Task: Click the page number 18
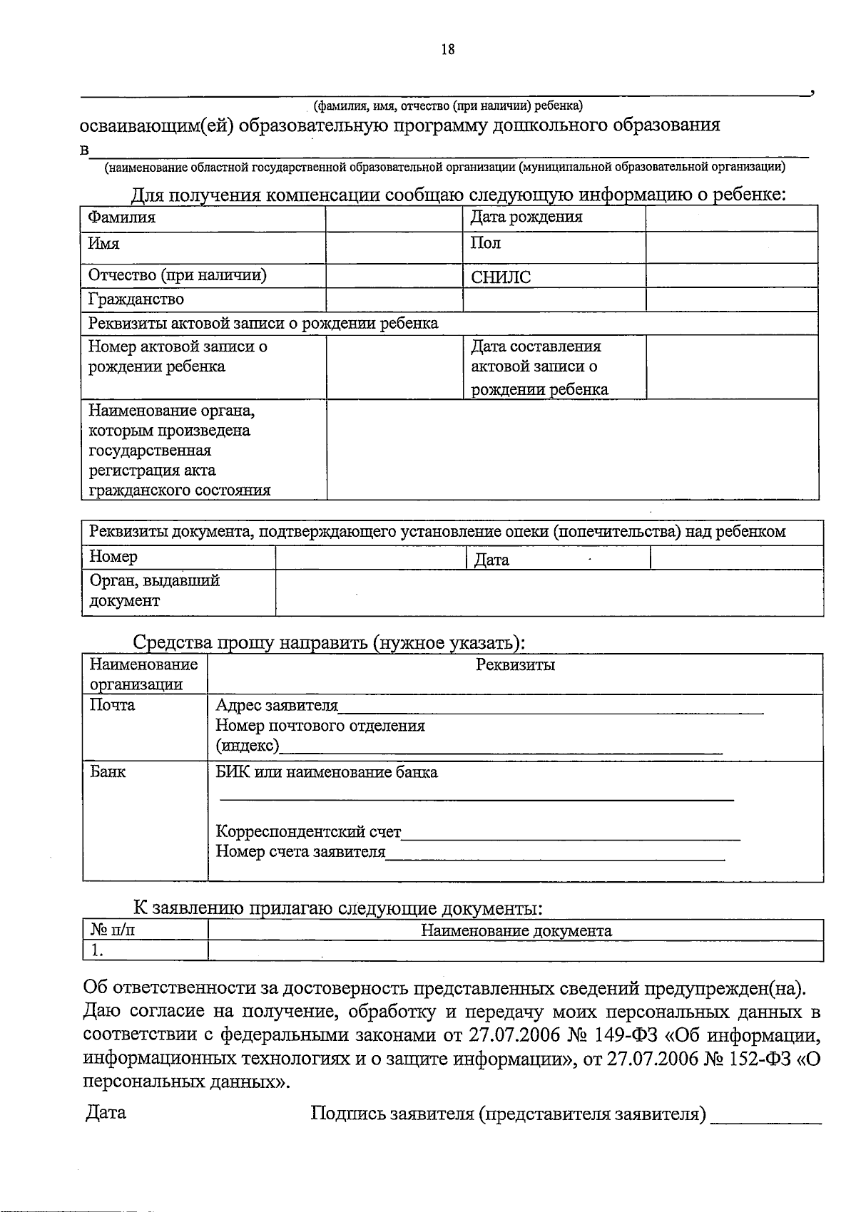click(x=447, y=49)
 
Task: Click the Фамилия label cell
click(x=122, y=217)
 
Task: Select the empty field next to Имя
click(x=394, y=247)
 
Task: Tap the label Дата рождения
click(x=526, y=217)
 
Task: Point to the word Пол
click(x=485, y=243)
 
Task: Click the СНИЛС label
click(x=501, y=277)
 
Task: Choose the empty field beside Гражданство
click(x=394, y=299)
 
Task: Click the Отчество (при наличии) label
click(x=177, y=275)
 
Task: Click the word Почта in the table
click(x=112, y=705)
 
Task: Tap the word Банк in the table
click(x=108, y=771)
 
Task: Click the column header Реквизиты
click(x=515, y=665)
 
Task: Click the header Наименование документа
click(x=516, y=930)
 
